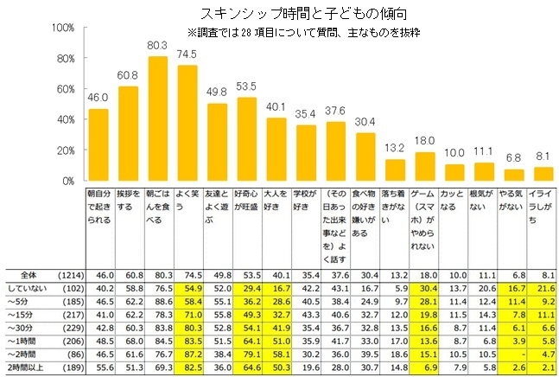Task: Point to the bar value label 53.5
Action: tap(247, 87)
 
